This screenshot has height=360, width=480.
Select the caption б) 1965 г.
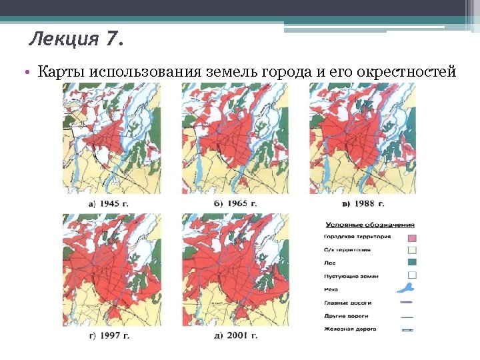[235, 203]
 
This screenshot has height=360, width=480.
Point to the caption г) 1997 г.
[108, 335]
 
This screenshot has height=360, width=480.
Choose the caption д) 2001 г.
[235, 335]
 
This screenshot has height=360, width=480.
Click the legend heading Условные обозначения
[370, 225]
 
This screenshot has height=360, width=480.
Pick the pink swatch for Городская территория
[411, 237]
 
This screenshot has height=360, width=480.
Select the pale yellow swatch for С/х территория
[411, 250]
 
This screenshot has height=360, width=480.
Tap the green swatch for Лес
[411, 263]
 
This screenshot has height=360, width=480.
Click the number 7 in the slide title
[111, 41]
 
